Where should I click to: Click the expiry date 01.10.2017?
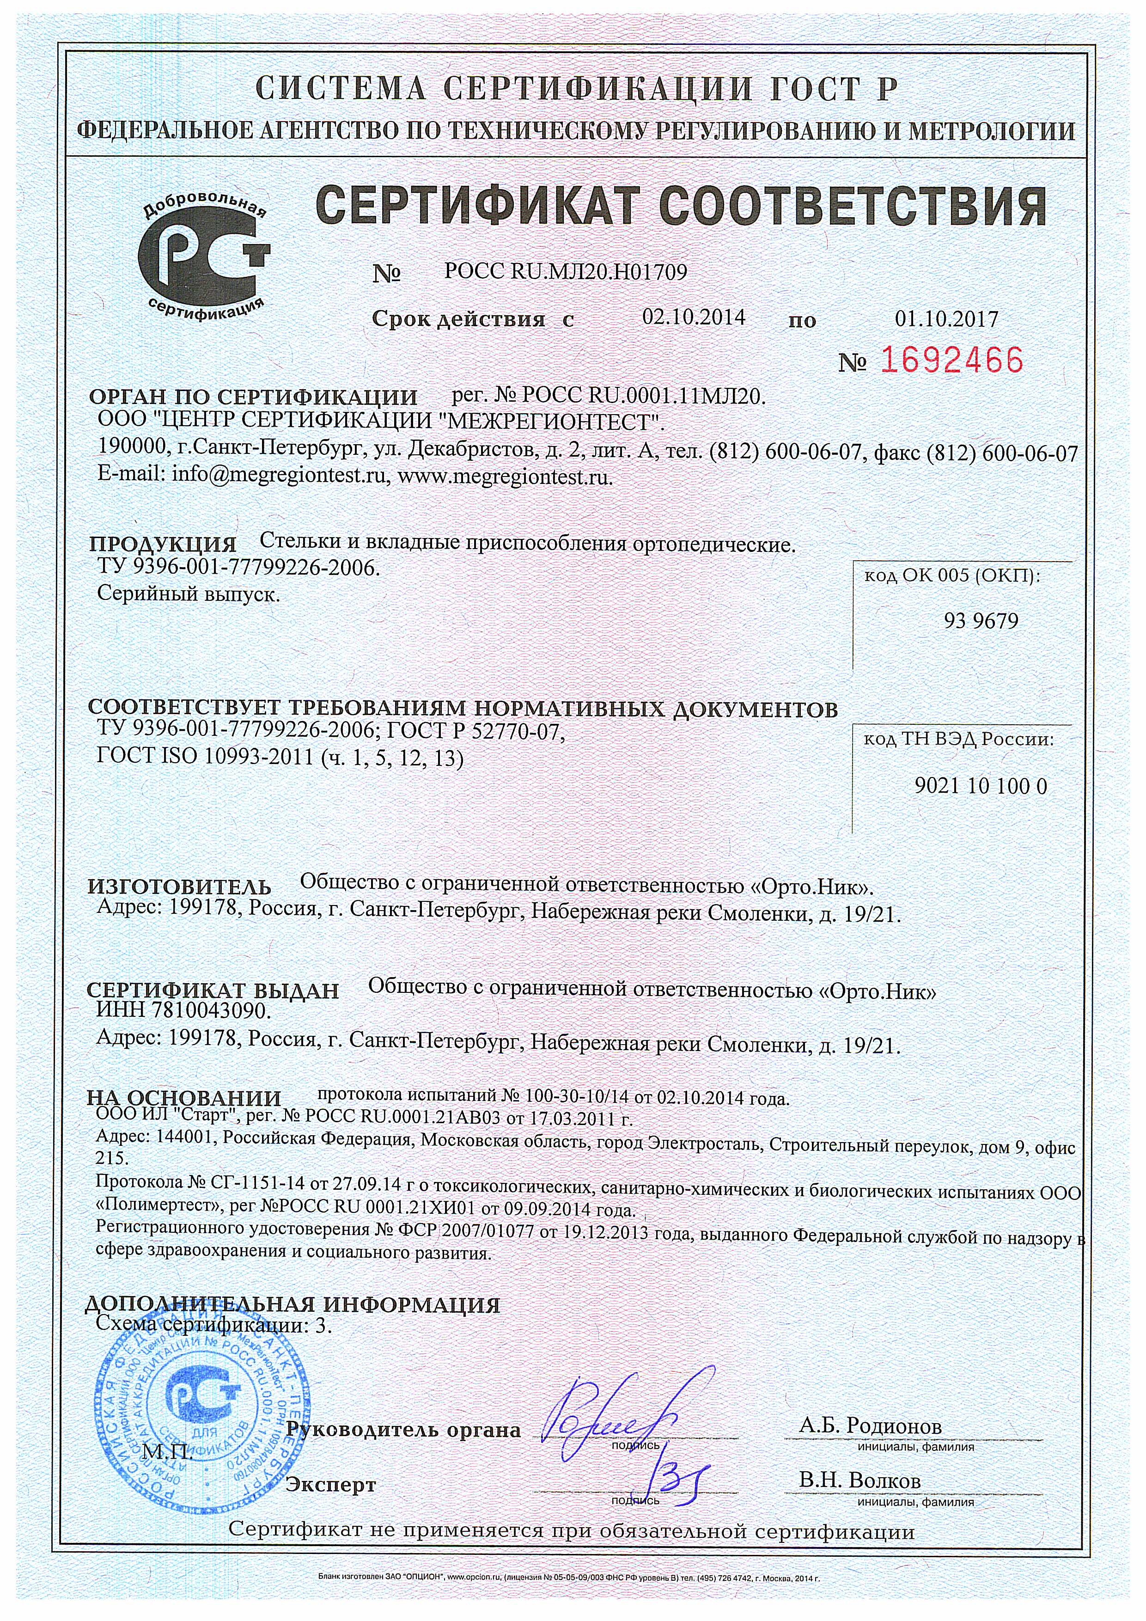tap(946, 319)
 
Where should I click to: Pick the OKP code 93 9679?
tap(981, 621)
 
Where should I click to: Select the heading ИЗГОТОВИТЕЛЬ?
tap(179, 887)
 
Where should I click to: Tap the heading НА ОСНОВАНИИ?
tap(183, 1099)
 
